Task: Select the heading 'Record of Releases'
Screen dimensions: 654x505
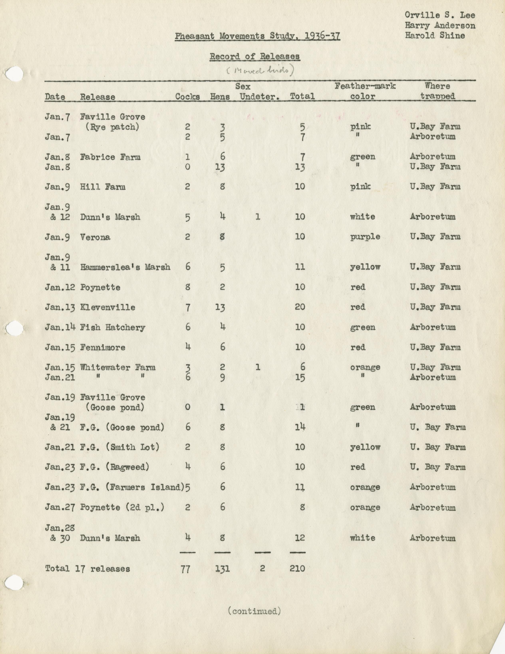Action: click(x=254, y=56)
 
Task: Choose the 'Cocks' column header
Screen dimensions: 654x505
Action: click(x=188, y=96)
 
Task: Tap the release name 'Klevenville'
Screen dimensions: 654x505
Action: click(x=107, y=307)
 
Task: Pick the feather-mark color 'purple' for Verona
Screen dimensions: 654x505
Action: click(x=365, y=237)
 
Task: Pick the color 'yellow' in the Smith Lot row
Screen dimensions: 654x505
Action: click(x=365, y=447)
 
